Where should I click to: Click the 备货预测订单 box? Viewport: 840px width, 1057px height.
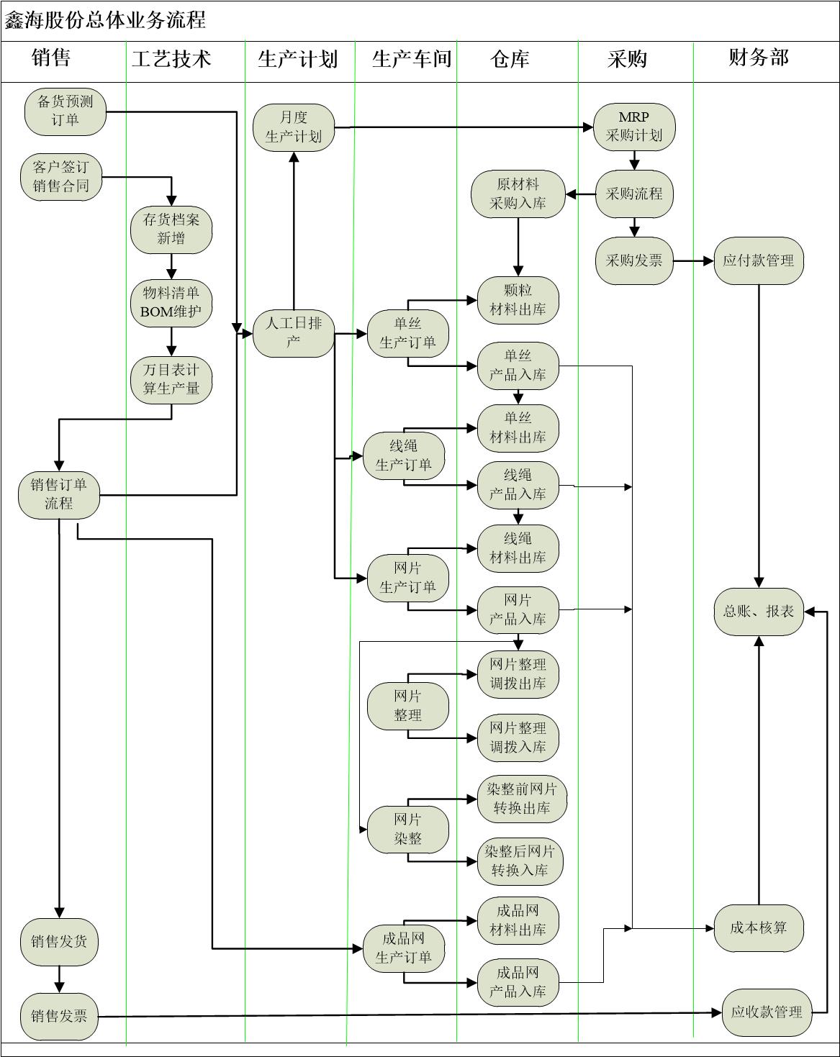tap(65, 112)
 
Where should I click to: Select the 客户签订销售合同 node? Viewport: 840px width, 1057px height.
tap(61, 177)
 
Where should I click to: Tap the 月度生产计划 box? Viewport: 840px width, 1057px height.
tap(294, 127)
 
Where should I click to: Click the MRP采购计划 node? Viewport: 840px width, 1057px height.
tap(634, 127)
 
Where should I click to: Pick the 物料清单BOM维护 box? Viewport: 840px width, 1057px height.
tap(171, 302)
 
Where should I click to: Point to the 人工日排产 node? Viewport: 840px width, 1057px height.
tap(294, 332)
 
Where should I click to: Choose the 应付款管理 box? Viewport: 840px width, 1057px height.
tap(758, 260)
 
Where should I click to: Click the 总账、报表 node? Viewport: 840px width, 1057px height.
tap(758, 612)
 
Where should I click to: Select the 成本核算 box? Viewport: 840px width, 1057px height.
tap(758, 928)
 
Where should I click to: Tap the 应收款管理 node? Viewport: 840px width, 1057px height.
tap(766, 1012)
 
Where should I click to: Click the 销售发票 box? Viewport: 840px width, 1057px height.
tap(59, 1016)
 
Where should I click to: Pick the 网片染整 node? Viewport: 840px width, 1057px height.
tap(407, 829)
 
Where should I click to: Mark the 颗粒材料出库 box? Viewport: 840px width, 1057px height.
tap(518, 300)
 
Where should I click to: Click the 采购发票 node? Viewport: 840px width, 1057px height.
tap(634, 260)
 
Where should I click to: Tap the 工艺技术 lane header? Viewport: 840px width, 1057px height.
tap(171, 59)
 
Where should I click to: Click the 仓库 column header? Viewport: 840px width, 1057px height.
tap(510, 59)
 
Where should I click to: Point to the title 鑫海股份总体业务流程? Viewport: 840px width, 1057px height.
tap(106, 20)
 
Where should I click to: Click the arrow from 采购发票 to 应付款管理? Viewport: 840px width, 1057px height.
tap(693, 260)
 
